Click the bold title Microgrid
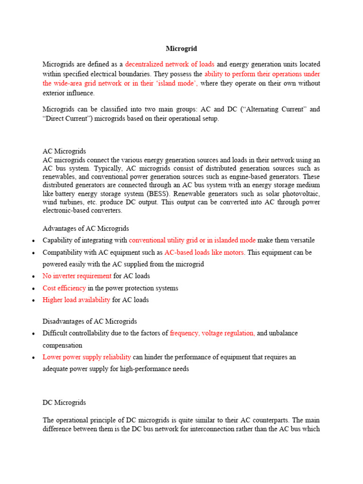tap(181, 49)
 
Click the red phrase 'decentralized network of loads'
tap(170, 64)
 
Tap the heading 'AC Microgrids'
tap(64, 151)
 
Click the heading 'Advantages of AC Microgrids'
tap(86, 229)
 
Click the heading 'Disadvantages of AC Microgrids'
tap(90, 321)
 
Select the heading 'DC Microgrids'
tap(64, 403)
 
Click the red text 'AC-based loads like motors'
tap(204, 252)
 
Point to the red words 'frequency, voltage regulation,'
tap(212, 333)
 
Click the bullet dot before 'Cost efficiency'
tap(33, 288)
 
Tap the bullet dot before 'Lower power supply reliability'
tap(33, 358)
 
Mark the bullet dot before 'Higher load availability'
tap(33, 300)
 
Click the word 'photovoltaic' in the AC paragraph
tap(301, 194)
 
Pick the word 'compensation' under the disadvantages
tap(62, 345)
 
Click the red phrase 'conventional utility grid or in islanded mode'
tap(192, 240)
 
